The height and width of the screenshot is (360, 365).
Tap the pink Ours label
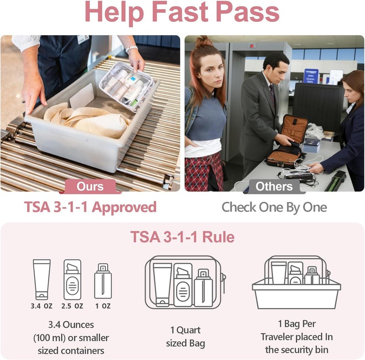point(90,186)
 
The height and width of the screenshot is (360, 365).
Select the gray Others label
point(274,186)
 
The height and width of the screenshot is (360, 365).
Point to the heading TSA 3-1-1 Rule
point(182,237)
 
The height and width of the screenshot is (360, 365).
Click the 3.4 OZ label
point(42,306)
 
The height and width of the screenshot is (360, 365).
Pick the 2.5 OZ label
point(73,306)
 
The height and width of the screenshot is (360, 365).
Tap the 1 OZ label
point(103,306)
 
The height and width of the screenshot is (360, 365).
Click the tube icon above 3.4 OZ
point(42,279)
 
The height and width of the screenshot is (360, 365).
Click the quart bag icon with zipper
point(185,282)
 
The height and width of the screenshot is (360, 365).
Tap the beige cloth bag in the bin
point(87,121)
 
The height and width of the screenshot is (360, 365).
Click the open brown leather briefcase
point(287,141)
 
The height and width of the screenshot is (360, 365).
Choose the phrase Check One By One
point(274,207)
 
